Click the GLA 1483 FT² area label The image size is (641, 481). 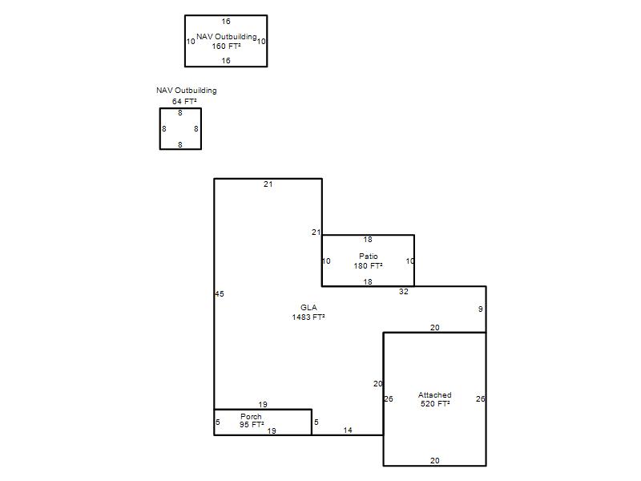tap(308, 312)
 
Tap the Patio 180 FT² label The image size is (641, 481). tap(369, 261)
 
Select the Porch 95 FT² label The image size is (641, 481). tap(252, 420)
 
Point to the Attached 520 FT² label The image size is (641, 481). tap(435, 399)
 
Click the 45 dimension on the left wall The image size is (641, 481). tap(220, 293)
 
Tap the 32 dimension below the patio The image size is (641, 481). tap(404, 292)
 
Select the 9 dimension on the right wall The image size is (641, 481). tap(480, 309)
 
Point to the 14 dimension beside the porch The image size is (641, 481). tap(348, 430)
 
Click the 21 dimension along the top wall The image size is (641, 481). tap(268, 184)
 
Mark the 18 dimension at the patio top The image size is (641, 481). tap(368, 239)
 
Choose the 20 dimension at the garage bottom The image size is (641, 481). tap(435, 460)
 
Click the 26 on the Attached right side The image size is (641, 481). tap(480, 398)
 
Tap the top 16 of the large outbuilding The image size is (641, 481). tap(226, 22)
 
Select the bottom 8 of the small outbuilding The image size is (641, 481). tap(179, 144)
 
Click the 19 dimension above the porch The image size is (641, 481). tap(263, 404)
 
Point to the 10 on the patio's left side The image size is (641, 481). tap(326, 261)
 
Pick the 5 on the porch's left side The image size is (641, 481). tap(217, 422)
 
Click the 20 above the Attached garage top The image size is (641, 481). tap(435, 327)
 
